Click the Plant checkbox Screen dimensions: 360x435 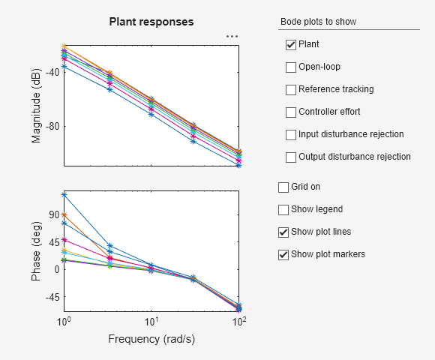tap(291, 45)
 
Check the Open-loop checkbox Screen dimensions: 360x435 tap(291, 67)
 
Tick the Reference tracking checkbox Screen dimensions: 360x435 tap(291, 90)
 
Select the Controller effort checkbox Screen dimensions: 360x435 tap(291, 112)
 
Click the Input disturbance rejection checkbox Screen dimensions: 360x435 tap(291, 135)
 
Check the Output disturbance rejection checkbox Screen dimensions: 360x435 tap(291, 157)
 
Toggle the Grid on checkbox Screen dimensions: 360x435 tap(283, 187)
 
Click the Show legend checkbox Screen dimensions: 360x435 tap(283, 209)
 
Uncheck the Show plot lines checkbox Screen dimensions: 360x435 tap(283, 232)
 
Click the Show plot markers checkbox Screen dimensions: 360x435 tap(283, 254)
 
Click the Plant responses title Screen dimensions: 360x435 tap(151, 22)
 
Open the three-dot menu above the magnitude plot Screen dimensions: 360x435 tap(232, 36)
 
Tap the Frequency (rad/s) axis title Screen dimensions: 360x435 tap(151, 338)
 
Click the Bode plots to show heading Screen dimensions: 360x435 tap(318, 22)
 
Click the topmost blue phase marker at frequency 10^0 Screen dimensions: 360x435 tap(64, 195)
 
